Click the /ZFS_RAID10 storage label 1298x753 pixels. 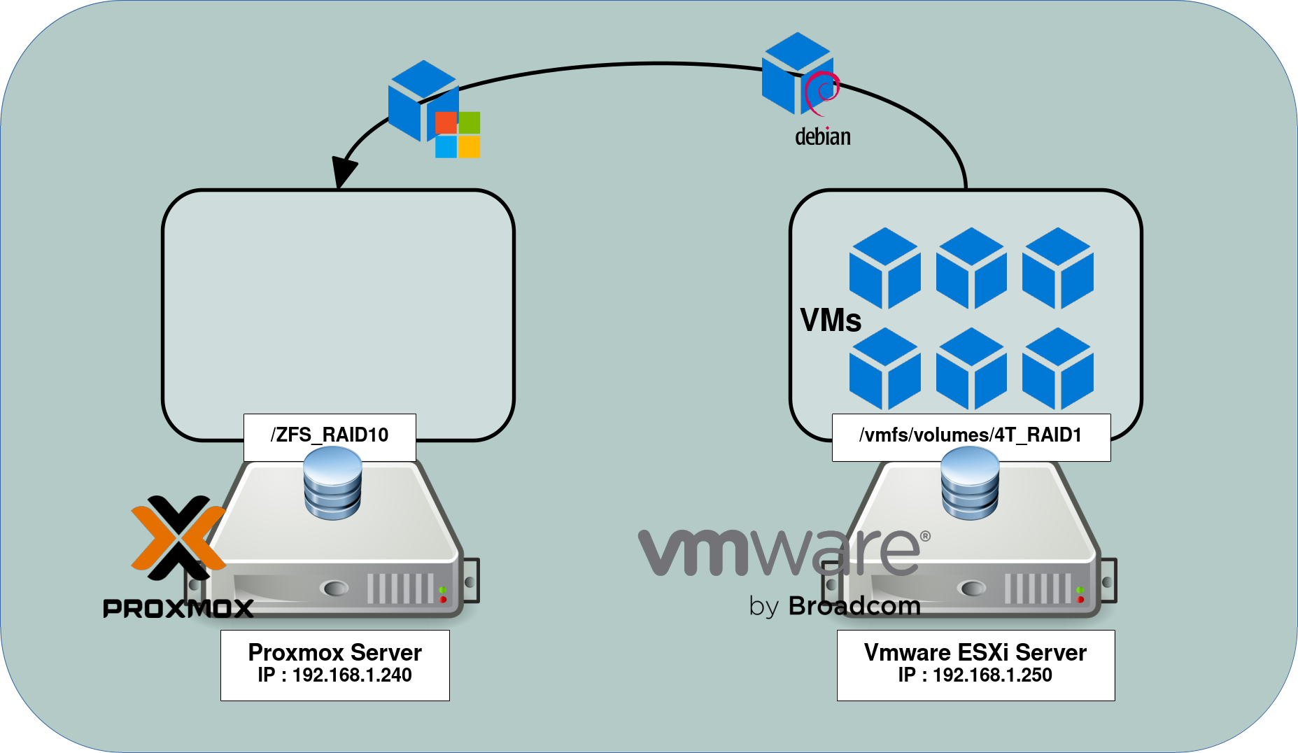point(330,435)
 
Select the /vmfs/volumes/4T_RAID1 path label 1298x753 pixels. point(971,435)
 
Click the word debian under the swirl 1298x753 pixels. point(823,136)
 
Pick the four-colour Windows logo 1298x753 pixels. point(458,134)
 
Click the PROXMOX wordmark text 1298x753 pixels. point(178,608)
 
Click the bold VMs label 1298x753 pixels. point(831,321)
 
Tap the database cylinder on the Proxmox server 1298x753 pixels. point(333,483)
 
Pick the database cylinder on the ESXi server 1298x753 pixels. point(970,483)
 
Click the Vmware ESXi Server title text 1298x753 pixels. point(975,652)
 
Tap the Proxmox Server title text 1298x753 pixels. point(334,652)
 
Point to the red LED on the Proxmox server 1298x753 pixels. point(443,600)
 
